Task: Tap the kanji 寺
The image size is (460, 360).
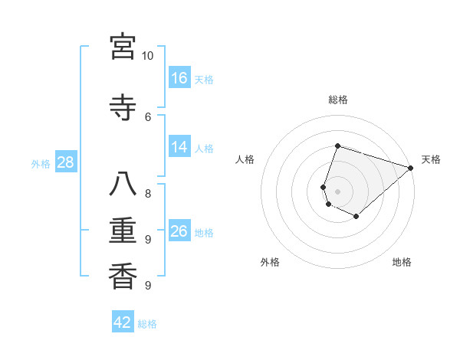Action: pos(123,106)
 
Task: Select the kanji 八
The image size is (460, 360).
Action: pos(123,185)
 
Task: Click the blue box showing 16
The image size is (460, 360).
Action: pos(179,78)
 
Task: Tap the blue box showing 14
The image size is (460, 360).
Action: pos(179,147)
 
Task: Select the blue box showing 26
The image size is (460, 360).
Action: pos(179,231)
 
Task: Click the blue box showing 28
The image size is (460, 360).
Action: pos(65,163)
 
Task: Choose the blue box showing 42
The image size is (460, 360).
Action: pos(123,322)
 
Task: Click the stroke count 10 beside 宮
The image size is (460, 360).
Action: pos(148,56)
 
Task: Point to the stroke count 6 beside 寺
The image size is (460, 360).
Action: pos(148,116)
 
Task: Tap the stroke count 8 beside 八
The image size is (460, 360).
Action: pos(148,194)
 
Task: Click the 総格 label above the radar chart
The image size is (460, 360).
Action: pos(338,100)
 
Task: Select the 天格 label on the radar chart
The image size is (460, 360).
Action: pos(431,159)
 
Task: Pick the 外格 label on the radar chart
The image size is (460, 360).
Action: pos(270,263)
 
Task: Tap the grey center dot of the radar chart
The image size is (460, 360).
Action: pos(338,191)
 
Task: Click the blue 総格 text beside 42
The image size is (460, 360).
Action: pos(147,324)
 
